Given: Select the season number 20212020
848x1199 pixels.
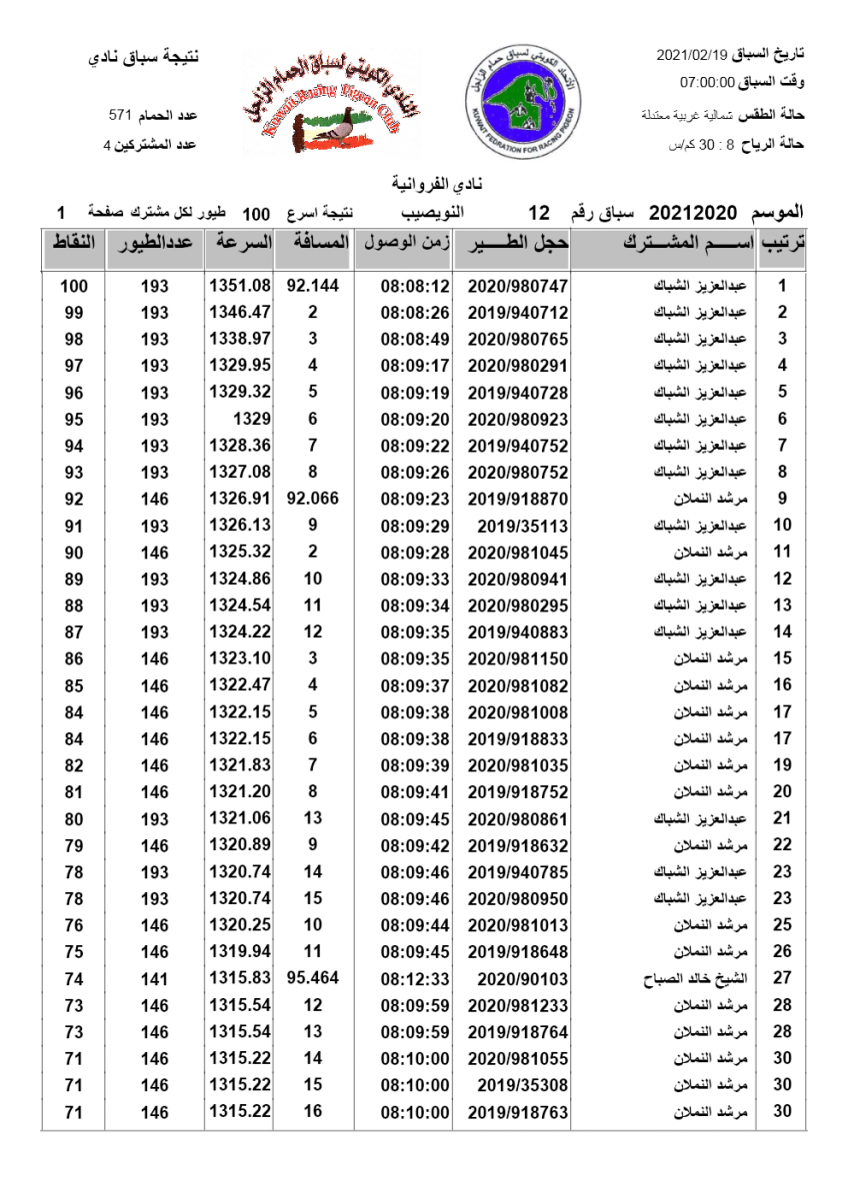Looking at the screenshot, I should [692, 213].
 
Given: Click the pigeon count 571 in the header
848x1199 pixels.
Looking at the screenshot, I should [121, 116].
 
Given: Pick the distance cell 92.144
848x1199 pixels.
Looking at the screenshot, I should [313, 286].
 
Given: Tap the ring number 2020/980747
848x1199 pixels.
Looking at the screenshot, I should [511, 286].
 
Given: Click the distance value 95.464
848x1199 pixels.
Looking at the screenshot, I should [313, 979].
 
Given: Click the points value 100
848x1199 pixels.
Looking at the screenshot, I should [74, 286].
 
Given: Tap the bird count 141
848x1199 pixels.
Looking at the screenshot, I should [155, 979].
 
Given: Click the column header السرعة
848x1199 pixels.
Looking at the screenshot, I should [239, 243].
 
